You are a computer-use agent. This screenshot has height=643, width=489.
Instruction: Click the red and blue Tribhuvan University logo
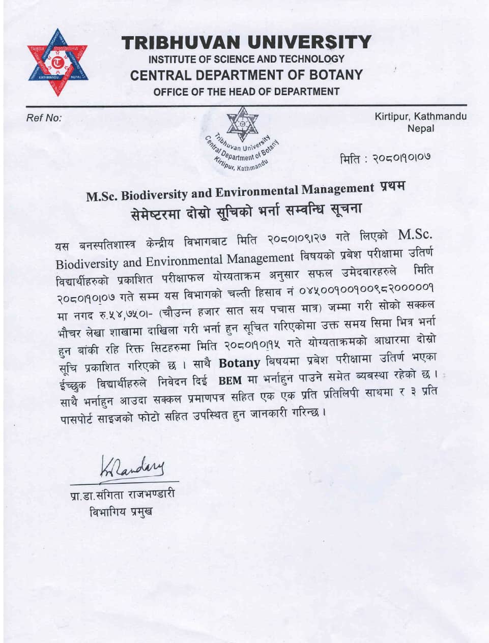pyautogui.click(x=57, y=63)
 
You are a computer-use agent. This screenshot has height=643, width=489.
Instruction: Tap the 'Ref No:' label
pyautogui.click(x=44, y=118)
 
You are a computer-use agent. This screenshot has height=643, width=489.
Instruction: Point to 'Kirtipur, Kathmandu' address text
pyautogui.click(x=420, y=116)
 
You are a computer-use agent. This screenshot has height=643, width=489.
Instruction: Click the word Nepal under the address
pyautogui.click(x=421, y=128)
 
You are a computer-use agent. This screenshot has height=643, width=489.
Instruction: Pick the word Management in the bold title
pyautogui.click(x=337, y=190)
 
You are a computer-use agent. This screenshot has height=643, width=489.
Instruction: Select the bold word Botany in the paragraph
pyautogui.click(x=239, y=363)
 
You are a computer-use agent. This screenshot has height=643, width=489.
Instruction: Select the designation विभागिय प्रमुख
pyautogui.click(x=121, y=512)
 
